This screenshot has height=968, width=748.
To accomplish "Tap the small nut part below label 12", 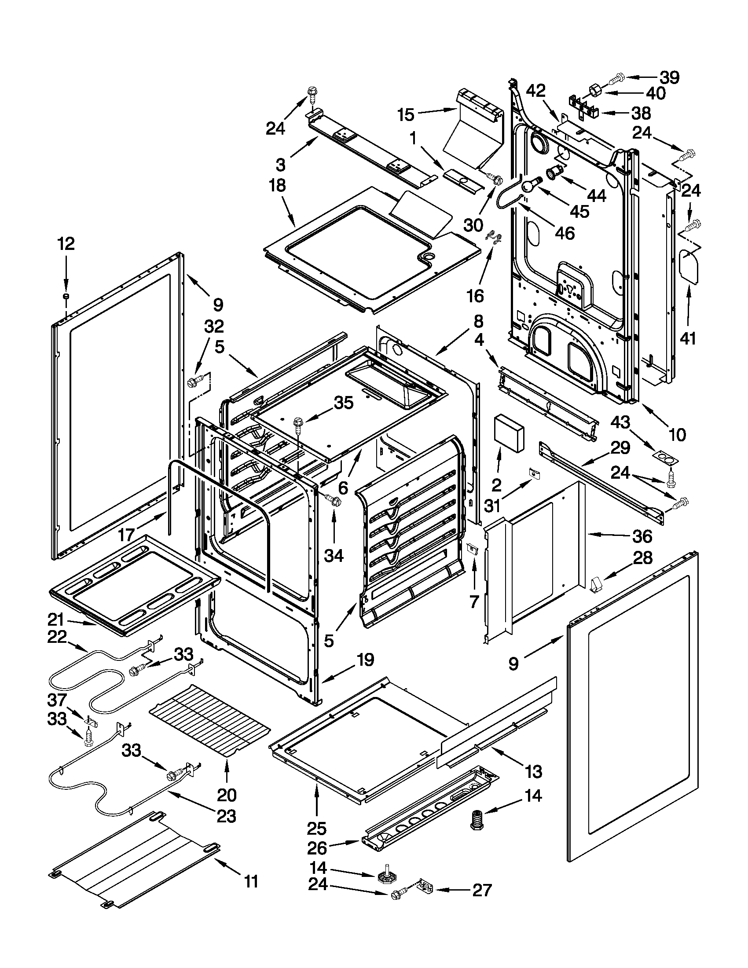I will (66, 296).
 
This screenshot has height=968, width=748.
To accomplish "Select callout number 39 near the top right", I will (669, 77).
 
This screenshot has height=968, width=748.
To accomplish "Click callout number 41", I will (688, 339).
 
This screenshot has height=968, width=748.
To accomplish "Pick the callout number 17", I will (126, 535).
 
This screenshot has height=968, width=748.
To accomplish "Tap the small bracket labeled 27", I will (427, 887).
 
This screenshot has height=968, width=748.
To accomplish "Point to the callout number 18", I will (277, 185).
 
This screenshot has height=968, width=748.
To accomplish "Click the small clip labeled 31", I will (535, 473).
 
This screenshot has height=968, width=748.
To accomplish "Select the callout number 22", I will (57, 638).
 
